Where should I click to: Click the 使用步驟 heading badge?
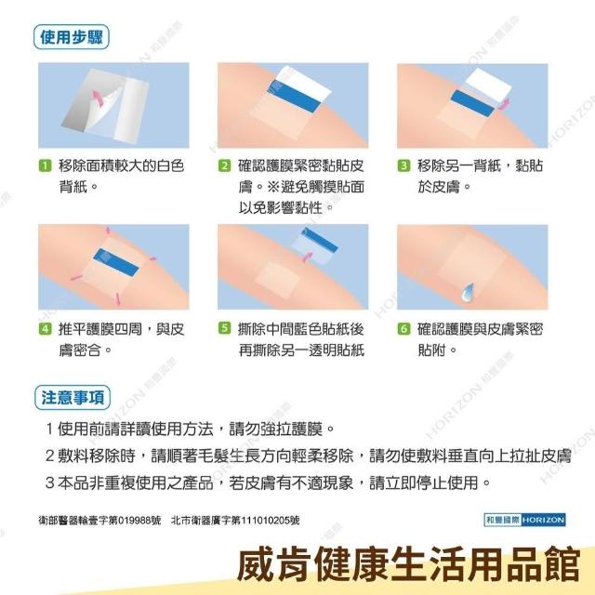[x=72, y=37]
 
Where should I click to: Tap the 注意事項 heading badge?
[x=73, y=398]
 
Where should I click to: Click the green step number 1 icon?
[x=45, y=165]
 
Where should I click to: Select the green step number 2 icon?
[x=224, y=165]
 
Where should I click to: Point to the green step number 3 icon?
[x=403, y=165]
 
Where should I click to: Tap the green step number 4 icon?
[x=45, y=328]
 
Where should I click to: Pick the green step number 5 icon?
[x=224, y=328]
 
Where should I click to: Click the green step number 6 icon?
[x=403, y=328]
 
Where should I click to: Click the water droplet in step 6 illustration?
[x=467, y=291]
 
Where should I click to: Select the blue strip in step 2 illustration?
[x=293, y=97]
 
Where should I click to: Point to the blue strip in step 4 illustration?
[x=116, y=262]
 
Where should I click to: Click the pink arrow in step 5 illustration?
[x=308, y=257]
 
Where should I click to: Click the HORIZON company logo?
[x=524, y=520]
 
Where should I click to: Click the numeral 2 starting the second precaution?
[x=49, y=456]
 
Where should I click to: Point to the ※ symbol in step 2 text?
[x=273, y=187]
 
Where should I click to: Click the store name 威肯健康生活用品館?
[x=409, y=564]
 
